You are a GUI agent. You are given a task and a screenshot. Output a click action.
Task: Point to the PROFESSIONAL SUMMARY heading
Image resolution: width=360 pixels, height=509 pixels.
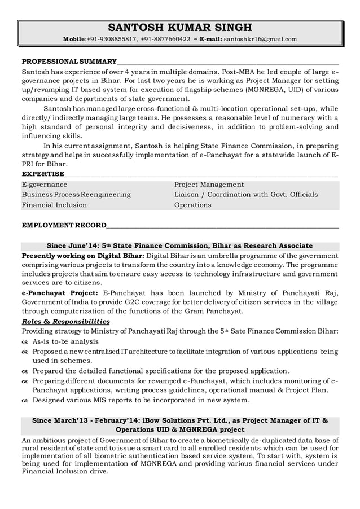[69, 60]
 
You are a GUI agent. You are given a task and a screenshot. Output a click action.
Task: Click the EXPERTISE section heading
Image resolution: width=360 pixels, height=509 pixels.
[42, 173]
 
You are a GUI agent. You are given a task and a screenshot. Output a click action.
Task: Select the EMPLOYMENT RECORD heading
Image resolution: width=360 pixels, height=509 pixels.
[63, 225]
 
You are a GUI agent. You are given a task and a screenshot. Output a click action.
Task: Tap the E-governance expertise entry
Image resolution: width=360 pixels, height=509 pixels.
[44, 185]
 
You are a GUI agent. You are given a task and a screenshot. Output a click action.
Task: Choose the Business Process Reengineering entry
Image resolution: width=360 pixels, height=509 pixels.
[76, 195]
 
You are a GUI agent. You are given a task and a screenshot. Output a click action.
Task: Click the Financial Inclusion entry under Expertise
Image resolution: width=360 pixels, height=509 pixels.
[54, 205]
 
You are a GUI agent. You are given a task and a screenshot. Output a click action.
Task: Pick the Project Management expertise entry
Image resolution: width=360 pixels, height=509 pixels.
[209, 185]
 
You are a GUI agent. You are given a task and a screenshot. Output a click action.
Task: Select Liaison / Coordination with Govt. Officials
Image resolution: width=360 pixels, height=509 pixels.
[245, 195]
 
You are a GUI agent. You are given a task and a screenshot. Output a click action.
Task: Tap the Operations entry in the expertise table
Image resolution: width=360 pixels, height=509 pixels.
[192, 205]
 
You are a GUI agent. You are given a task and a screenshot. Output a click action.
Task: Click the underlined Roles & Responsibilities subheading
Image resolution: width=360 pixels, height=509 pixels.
[65, 321]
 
